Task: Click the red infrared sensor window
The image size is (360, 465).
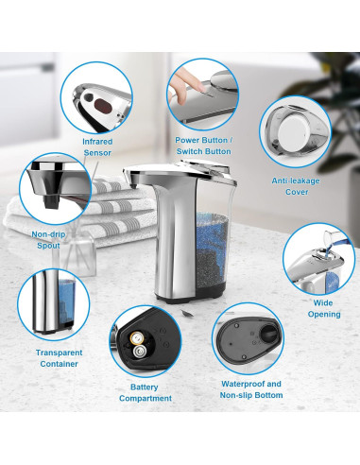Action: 104,105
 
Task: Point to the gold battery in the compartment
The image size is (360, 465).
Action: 138,338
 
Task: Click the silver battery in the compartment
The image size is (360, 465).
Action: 140,351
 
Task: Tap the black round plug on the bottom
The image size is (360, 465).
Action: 268,335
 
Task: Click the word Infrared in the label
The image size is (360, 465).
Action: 97,142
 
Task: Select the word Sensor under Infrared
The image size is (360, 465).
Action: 97,153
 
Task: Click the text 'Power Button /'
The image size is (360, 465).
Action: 203,140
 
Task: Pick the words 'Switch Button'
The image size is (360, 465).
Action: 203,151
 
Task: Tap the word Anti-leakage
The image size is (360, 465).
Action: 296,181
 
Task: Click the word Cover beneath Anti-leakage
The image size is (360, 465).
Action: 297,192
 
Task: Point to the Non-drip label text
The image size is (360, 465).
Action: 48,234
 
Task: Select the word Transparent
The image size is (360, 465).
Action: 59,353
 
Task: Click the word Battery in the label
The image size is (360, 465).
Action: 145,387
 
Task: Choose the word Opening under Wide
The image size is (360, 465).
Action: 324,314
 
